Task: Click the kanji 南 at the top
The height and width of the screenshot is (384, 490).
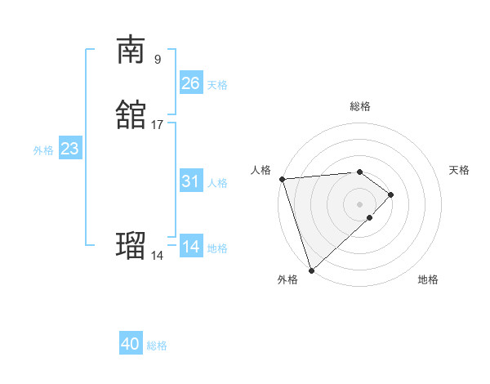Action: click(x=131, y=50)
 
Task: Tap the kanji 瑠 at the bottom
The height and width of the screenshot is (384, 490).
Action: click(x=131, y=244)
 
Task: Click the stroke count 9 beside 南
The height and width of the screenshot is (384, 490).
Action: click(x=158, y=59)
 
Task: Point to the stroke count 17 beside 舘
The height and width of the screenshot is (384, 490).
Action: click(x=158, y=125)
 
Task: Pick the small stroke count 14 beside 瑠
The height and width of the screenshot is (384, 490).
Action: click(x=158, y=256)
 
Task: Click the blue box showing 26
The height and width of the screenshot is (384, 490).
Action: click(x=190, y=83)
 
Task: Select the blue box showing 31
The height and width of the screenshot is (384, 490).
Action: click(x=190, y=181)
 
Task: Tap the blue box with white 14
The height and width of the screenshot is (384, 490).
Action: click(x=190, y=247)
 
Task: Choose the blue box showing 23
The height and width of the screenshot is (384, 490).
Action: click(x=69, y=149)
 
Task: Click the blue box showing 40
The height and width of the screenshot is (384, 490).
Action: click(x=131, y=344)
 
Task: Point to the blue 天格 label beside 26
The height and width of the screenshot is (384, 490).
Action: click(x=217, y=85)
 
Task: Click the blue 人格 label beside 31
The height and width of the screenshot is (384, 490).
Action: click(x=217, y=183)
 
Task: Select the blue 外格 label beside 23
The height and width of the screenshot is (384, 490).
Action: click(x=43, y=150)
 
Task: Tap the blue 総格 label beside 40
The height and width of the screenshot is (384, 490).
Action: click(x=157, y=346)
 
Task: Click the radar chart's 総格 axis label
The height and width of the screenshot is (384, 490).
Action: click(x=360, y=106)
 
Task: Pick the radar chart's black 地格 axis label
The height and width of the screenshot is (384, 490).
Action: click(x=428, y=280)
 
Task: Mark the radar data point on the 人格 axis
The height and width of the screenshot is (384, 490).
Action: click(x=282, y=179)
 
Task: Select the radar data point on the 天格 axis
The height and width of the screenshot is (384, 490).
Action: click(x=392, y=194)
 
